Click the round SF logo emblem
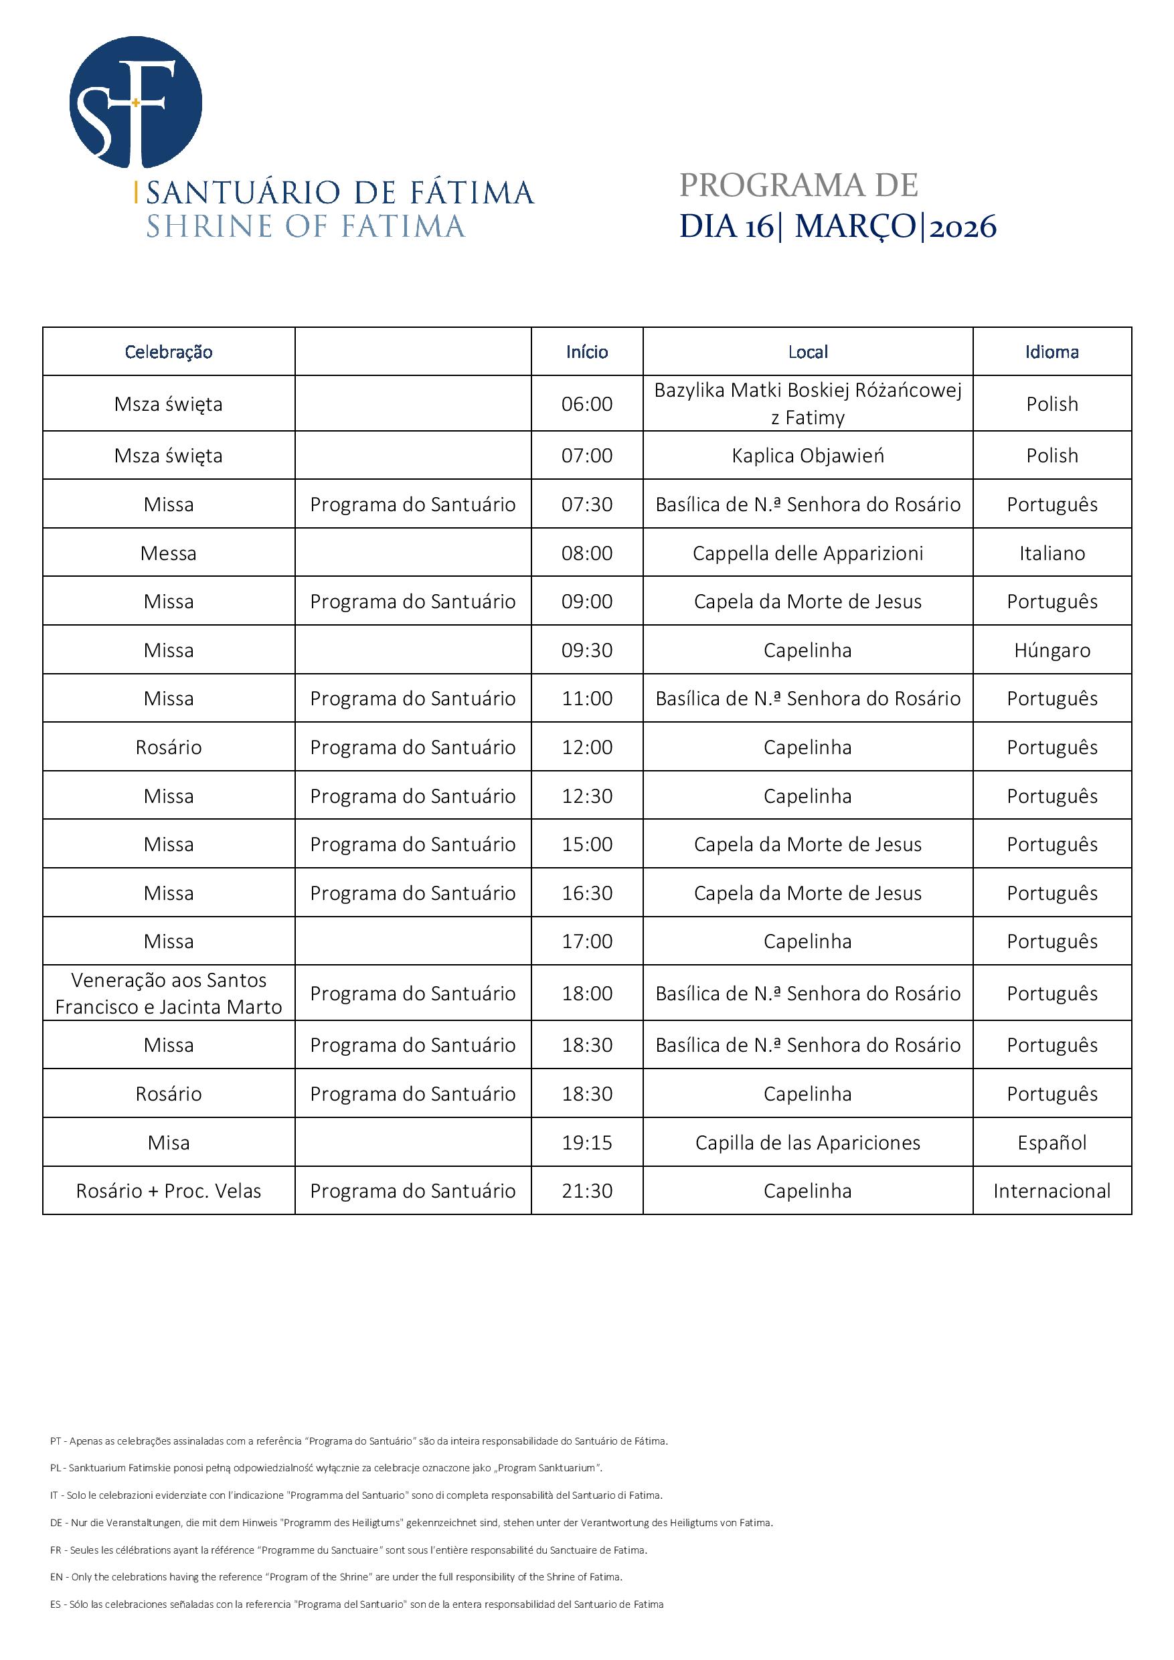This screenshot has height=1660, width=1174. [135, 102]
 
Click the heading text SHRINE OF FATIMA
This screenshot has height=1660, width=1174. [305, 226]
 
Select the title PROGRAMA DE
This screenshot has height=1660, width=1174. [799, 185]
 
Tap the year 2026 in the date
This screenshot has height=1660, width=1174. [962, 227]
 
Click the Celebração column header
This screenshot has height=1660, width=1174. [169, 352]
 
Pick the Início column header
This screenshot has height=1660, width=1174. [586, 352]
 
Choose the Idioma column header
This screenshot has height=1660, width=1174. [1052, 352]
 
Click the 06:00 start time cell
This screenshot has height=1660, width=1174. [586, 404]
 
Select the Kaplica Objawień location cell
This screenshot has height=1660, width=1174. [807, 456]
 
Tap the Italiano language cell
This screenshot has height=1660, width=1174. [1052, 553]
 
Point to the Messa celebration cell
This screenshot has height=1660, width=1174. [169, 553]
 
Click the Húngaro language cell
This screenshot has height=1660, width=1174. [1052, 650]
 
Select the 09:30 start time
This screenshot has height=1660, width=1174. [586, 650]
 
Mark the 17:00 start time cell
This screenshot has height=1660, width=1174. [586, 941]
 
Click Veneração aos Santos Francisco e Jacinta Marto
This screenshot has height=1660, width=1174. [169, 994]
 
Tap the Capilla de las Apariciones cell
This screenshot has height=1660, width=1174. [807, 1142]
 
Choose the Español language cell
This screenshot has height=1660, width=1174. [1052, 1142]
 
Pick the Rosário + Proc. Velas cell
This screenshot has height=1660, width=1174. [169, 1191]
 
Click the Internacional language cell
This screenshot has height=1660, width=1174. [1052, 1191]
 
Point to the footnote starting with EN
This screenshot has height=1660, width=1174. [337, 1577]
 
